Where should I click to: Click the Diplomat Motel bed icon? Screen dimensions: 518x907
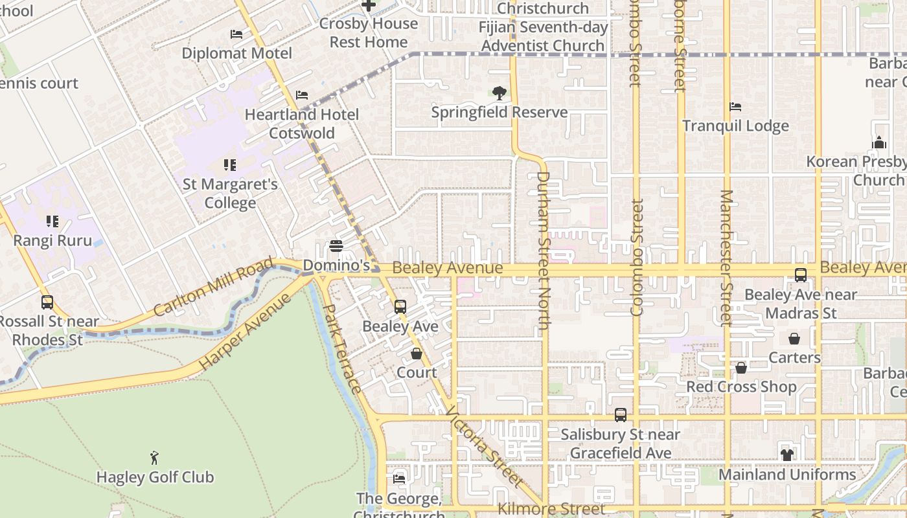[x=236, y=34]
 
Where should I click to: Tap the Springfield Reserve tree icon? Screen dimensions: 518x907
[x=499, y=93]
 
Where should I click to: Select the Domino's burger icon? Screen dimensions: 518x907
[x=336, y=246]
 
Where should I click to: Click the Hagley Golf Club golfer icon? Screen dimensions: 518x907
[x=154, y=458]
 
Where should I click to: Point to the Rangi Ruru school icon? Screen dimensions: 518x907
[x=52, y=221]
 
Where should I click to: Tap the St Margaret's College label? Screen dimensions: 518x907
[x=230, y=194]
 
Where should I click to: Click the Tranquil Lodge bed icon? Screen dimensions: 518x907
[x=735, y=106]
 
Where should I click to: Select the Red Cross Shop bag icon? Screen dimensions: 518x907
[x=741, y=368]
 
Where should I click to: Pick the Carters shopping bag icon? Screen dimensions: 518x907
[x=794, y=339]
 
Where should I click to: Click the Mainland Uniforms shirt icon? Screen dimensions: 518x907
[x=787, y=455]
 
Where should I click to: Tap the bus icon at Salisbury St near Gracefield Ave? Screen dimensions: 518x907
[x=621, y=415]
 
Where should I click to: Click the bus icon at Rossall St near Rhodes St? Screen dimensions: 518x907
[x=47, y=302]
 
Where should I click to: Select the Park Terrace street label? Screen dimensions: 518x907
[x=341, y=349]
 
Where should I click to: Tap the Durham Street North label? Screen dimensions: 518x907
[x=543, y=253]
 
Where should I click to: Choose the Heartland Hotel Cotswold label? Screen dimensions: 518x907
[x=301, y=124]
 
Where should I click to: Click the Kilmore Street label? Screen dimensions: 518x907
[x=551, y=509]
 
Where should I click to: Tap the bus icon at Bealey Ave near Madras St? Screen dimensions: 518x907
[x=801, y=275]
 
